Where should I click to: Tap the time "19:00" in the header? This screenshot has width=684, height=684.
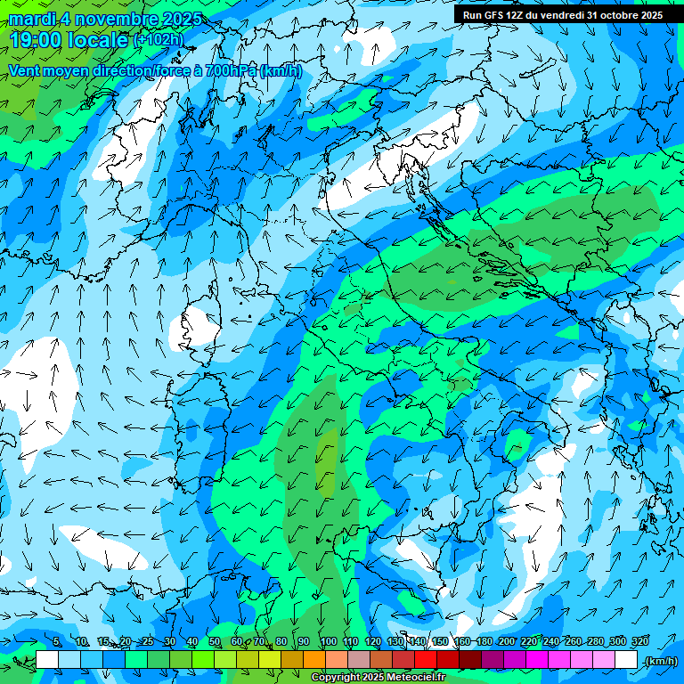(x=36, y=40)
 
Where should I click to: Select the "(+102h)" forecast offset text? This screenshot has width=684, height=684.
(x=158, y=40)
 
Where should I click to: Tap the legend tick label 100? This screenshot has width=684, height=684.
(x=328, y=642)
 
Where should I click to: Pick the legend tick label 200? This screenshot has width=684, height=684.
(x=506, y=642)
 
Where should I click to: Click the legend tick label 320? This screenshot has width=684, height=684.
(x=639, y=642)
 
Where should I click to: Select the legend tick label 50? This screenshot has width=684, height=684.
(x=215, y=642)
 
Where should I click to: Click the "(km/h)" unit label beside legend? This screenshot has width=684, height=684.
(x=660, y=661)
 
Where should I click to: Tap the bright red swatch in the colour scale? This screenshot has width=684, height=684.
(x=426, y=660)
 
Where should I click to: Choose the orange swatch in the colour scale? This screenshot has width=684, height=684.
(x=314, y=660)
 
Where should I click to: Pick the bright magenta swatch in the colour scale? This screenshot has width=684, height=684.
(x=537, y=660)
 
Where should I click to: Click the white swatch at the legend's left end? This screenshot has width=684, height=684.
(x=47, y=660)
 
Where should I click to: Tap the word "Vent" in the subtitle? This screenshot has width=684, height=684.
(x=24, y=70)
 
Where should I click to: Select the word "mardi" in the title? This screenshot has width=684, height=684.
(x=31, y=19)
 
